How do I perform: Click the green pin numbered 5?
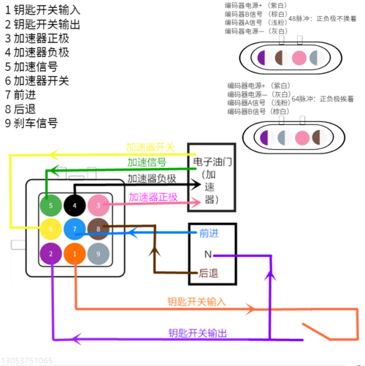click(50, 206)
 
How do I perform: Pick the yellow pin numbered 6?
click(50, 229)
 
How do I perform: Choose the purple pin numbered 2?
click(50, 253)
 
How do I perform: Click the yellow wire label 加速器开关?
click(150, 147)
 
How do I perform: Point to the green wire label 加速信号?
click(146, 162)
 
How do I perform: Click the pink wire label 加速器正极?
click(153, 197)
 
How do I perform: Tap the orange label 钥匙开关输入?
click(197, 301)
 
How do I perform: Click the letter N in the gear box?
click(207, 254)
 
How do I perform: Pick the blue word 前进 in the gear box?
click(209, 233)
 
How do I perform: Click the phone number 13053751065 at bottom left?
click(27, 360)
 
